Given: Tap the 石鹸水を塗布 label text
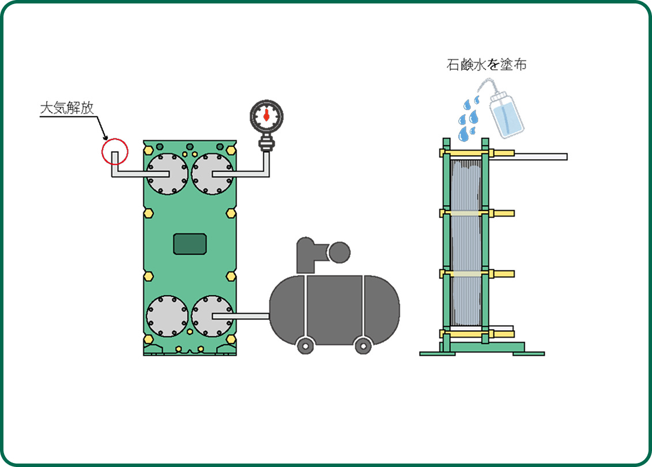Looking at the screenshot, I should [x=487, y=65].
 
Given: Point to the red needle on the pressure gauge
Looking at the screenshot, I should [x=266, y=116].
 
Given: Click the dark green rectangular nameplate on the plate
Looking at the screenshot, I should [x=190, y=244].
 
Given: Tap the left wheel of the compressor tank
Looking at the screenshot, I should [x=304, y=345].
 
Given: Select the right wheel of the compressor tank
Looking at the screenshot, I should [x=363, y=345].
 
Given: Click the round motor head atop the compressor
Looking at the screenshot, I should [x=338, y=252].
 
